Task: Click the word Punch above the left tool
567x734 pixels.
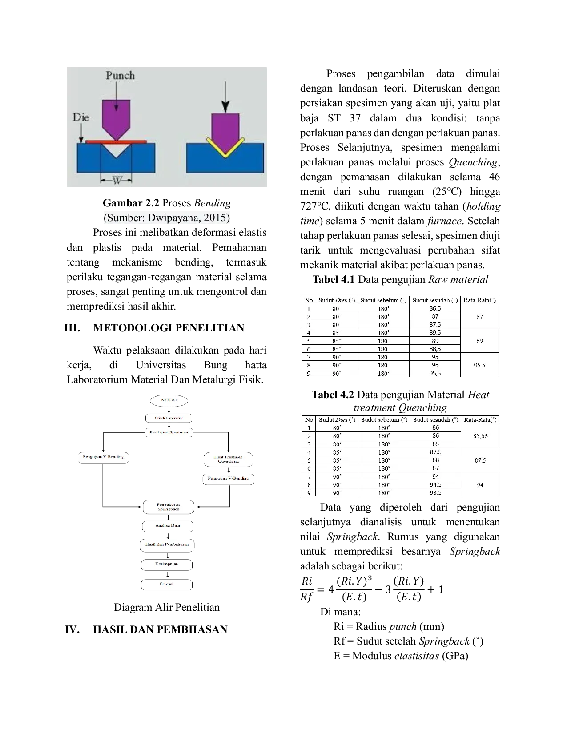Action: point(120,75)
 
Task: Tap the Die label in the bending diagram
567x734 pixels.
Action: point(81,117)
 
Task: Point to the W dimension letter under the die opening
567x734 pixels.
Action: point(117,180)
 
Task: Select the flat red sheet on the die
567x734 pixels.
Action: point(116,141)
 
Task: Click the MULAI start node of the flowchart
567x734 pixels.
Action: point(169,400)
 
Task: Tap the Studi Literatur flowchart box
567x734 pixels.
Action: point(169,418)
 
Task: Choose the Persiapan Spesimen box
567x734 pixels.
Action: point(169,432)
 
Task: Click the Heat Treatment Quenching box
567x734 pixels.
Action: point(228,460)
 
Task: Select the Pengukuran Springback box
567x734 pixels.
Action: point(169,507)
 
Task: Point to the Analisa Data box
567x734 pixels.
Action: point(168,526)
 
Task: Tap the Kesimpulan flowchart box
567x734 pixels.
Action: point(167,564)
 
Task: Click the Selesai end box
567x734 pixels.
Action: point(167,584)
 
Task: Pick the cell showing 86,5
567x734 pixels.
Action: point(435,308)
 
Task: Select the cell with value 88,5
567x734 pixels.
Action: point(435,349)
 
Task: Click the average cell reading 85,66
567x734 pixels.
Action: point(480,436)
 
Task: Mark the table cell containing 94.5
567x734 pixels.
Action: point(435,484)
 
